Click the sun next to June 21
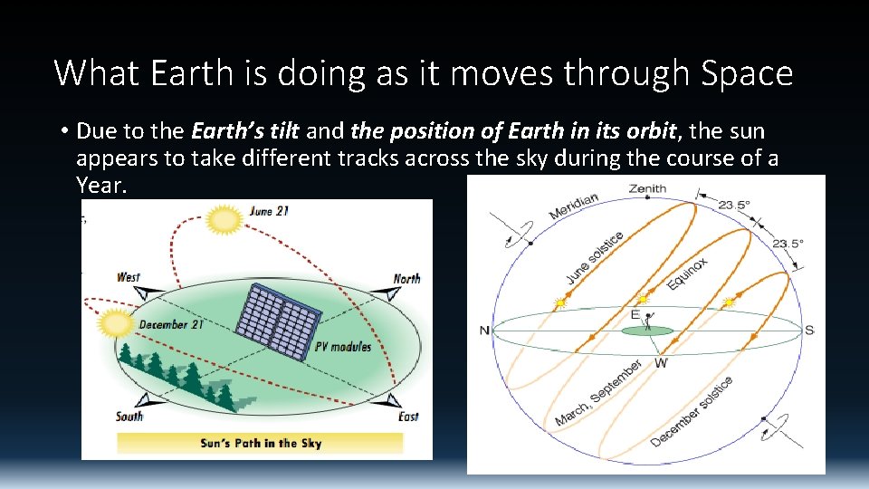(x=224, y=219)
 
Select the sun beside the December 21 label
(x=116, y=323)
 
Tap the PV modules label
(x=343, y=347)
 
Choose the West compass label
(x=129, y=277)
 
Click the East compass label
(x=408, y=417)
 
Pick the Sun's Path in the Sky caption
(x=261, y=443)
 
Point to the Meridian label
(x=573, y=206)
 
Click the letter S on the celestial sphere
(x=809, y=330)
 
